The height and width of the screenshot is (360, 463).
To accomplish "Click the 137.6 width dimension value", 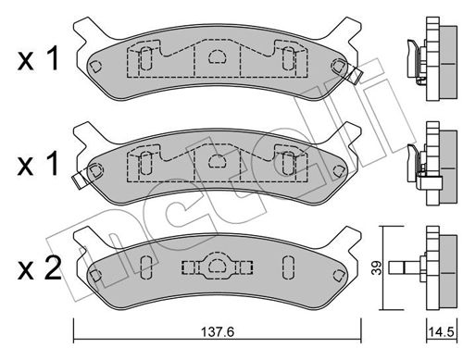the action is pos(218,332).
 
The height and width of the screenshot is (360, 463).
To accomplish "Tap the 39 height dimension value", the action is pos(376,267).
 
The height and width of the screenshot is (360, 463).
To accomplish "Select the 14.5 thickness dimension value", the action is pos(442,332).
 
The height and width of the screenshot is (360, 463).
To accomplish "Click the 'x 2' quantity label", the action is pos(40,268).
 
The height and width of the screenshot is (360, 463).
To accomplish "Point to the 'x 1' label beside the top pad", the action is pos(38,59).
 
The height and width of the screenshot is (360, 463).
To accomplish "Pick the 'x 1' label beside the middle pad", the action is pos(38,164).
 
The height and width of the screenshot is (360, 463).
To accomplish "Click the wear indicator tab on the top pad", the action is pos(355,74).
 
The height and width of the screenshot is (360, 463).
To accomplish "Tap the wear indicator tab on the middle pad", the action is pos(81,180).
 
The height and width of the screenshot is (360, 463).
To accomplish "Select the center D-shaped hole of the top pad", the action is pos(218,56).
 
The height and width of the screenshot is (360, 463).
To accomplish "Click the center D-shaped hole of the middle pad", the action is pos(218,161).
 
